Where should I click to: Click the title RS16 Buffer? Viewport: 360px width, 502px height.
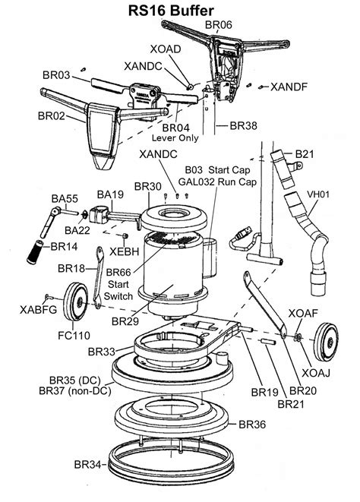(x=180, y=9)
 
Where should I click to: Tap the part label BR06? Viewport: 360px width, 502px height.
(x=219, y=25)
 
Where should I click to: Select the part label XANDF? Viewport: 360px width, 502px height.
(x=289, y=87)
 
